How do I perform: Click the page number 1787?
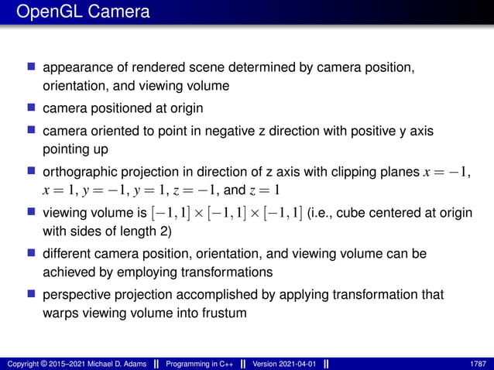(478, 364)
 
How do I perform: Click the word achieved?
(70, 272)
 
